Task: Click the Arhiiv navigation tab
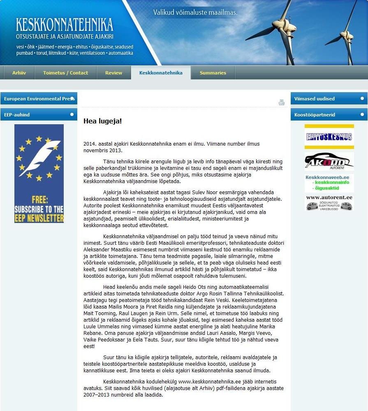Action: (19, 73)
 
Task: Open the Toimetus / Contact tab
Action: (65, 73)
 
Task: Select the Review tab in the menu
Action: (113, 73)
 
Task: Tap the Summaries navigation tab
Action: (213, 73)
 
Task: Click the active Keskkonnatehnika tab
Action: (161, 73)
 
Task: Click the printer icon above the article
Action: (282, 102)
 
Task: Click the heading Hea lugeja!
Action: (102, 121)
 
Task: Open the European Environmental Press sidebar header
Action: (39, 99)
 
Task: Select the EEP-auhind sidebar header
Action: (39, 115)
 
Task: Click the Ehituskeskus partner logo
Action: (329, 137)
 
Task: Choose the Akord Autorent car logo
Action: (329, 161)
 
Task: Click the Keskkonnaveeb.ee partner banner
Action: (329, 183)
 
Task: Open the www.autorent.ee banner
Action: (329, 202)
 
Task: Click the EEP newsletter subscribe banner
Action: (39, 174)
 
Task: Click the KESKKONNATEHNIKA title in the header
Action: (64, 25)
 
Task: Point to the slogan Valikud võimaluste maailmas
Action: (195, 12)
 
